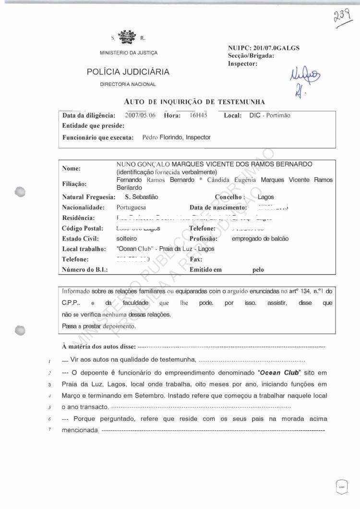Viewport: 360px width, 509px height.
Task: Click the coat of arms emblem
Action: click(127, 36)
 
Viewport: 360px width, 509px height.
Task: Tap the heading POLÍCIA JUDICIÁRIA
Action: click(128, 72)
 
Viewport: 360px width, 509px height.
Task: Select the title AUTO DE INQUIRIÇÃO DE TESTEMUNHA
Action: click(194, 102)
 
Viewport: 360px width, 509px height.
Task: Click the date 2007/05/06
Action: click(140, 115)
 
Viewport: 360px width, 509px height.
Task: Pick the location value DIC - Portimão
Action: click(270, 115)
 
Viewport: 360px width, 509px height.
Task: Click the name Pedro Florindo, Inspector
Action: click(177, 137)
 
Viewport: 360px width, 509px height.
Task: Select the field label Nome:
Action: click(72, 169)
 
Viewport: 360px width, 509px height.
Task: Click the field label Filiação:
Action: click(74, 183)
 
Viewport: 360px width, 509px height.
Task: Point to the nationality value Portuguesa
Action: click(132, 207)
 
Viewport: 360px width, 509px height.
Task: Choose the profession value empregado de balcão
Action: click(260, 239)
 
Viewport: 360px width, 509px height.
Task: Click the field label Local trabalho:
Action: click(84, 249)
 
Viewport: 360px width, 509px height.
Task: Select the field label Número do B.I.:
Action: click(85, 269)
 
